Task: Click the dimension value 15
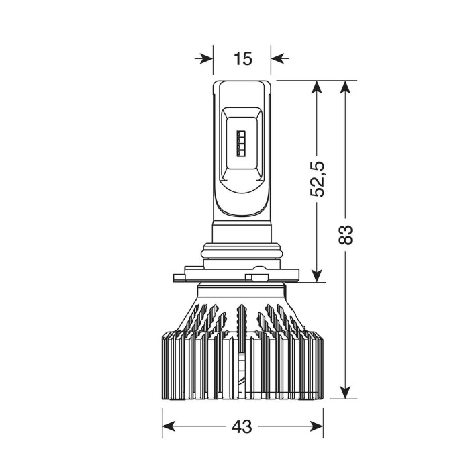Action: [x=243, y=58]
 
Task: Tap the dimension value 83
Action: [x=345, y=235]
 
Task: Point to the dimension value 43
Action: [x=242, y=426]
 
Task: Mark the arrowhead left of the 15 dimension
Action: [x=206, y=58]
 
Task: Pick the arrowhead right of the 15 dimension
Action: [x=279, y=58]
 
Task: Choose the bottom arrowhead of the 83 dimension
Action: [x=345, y=392]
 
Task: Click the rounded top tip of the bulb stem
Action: [x=242, y=83]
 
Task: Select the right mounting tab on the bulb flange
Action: [x=259, y=276]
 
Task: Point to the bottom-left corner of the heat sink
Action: [x=163, y=397]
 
